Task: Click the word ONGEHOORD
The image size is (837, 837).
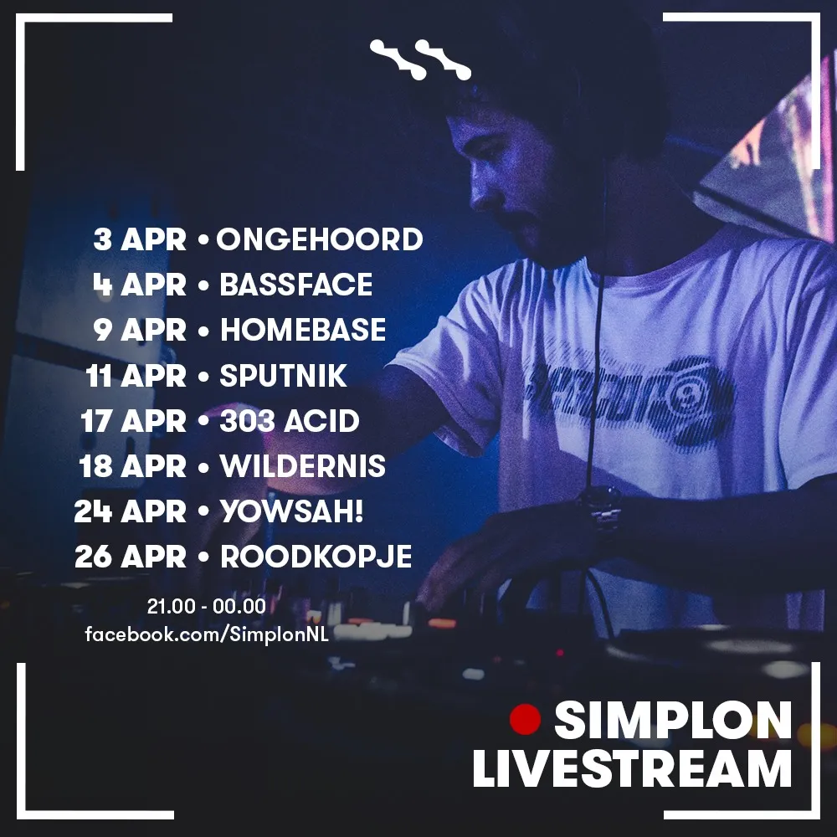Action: [x=319, y=239]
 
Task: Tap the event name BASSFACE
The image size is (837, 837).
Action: [x=296, y=285]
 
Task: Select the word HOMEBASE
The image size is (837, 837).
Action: [x=303, y=329]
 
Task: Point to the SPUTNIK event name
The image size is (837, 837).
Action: [x=284, y=375]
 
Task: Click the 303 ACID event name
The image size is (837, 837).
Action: [x=290, y=421]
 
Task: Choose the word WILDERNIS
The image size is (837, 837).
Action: [x=303, y=466]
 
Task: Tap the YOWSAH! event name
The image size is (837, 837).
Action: [x=292, y=511]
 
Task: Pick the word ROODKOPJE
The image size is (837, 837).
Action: [x=316, y=557]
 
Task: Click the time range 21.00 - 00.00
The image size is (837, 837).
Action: [x=207, y=606]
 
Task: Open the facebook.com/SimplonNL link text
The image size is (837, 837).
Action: [x=207, y=634]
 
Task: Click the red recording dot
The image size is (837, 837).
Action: [x=526, y=719]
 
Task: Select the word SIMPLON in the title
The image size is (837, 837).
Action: [x=673, y=720]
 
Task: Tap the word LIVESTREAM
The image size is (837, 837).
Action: [x=632, y=768]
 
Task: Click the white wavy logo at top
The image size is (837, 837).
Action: [x=420, y=59]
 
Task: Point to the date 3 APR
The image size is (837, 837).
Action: [x=140, y=239]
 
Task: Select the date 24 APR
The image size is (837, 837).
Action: [x=131, y=511]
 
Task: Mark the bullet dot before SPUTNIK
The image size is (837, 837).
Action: [x=203, y=376]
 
